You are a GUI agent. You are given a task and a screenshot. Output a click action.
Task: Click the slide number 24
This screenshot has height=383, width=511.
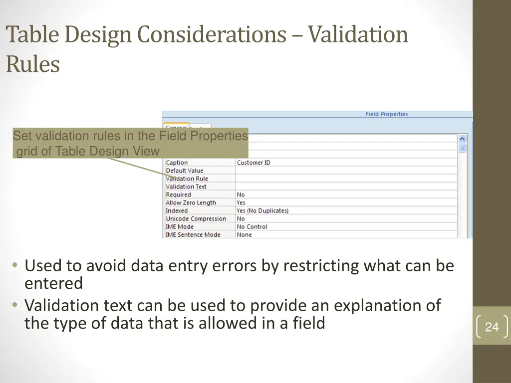[x=492, y=327]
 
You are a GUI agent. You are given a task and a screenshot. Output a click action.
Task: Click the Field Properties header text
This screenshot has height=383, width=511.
[x=386, y=114]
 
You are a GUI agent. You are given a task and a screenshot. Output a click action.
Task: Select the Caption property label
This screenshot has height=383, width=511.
[x=177, y=163]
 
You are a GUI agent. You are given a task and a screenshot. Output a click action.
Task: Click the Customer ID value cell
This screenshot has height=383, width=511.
[x=254, y=163]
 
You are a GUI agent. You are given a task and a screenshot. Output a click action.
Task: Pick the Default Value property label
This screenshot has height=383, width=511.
[x=184, y=171]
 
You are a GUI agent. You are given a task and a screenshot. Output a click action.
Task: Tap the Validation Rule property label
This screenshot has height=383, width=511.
[x=187, y=179]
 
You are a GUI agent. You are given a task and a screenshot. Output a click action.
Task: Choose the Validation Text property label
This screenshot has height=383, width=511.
[x=186, y=187]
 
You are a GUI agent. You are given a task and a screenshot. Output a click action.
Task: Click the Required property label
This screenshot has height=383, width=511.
[x=178, y=194]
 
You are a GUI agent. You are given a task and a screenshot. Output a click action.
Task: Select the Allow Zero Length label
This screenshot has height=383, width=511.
[x=191, y=203]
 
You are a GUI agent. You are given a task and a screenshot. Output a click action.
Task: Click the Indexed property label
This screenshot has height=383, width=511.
[x=177, y=211]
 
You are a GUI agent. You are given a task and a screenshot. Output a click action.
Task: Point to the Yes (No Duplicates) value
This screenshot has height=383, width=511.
[x=262, y=211]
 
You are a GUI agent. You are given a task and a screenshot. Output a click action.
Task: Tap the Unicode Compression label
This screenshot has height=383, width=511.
[x=196, y=219]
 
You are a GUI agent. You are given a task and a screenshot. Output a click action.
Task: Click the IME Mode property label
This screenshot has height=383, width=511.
[x=180, y=227]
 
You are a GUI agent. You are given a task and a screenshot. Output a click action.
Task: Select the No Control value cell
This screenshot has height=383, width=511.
[x=252, y=227]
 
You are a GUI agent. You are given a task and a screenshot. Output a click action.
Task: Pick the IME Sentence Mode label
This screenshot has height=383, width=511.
[x=193, y=235]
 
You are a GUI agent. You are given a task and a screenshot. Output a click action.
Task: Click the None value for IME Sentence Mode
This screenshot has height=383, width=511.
[x=244, y=235]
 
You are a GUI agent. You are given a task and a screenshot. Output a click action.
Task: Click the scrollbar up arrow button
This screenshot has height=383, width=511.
[x=462, y=139]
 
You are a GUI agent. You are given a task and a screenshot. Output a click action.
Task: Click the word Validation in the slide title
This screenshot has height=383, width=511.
[x=358, y=35]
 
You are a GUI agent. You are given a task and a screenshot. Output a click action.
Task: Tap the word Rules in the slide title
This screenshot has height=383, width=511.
[x=33, y=64]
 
